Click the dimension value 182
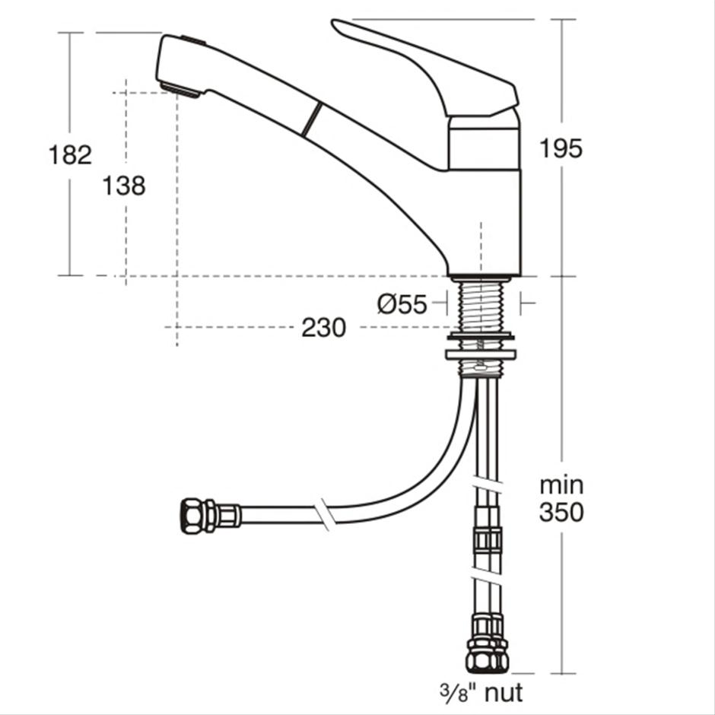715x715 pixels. click(70, 154)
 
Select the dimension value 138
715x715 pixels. click(124, 185)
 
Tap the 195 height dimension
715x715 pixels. click(561, 148)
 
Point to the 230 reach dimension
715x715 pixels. click(323, 328)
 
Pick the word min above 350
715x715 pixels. click(561, 485)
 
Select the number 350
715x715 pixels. click(561, 513)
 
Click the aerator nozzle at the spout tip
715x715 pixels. click(181, 90)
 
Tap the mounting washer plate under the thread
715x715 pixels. click(482, 354)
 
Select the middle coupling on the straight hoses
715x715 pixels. click(487, 541)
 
